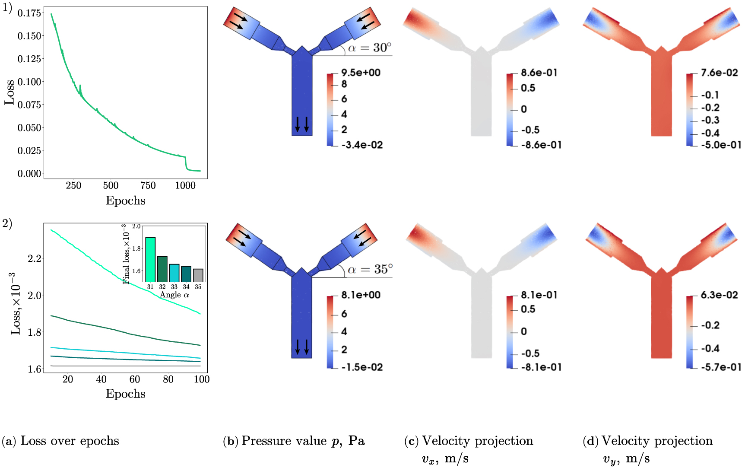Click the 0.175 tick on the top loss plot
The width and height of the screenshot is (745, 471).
click(x=29, y=13)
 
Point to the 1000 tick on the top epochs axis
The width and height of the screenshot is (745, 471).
click(x=185, y=185)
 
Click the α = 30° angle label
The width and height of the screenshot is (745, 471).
click(x=370, y=48)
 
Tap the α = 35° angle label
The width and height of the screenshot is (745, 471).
click(x=370, y=270)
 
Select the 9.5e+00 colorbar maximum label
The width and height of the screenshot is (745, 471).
click(x=361, y=73)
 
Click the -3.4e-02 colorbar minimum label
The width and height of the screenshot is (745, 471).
click(x=362, y=145)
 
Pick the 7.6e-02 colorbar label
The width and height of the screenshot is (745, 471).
click(x=720, y=73)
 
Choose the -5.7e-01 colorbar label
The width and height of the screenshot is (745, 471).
click(x=721, y=367)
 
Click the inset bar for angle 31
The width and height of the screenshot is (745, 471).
click(x=150, y=259)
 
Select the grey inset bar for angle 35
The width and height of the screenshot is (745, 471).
click(x=198, y=275)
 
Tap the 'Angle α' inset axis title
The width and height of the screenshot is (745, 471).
click(x=174, y=295)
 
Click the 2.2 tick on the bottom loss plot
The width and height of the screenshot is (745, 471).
click(x=35, y=258)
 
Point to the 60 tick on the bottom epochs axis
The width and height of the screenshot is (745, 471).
click(x=135, y=379)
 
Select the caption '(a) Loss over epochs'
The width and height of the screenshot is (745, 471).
click(x=60, y=441)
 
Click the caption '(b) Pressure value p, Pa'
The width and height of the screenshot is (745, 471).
click(x=294, y=441)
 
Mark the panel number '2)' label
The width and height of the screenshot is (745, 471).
click(x=7, y=223)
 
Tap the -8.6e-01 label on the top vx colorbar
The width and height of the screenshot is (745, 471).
click(x=541, y=145)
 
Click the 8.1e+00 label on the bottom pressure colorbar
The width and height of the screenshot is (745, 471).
click(x=361, y=295)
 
